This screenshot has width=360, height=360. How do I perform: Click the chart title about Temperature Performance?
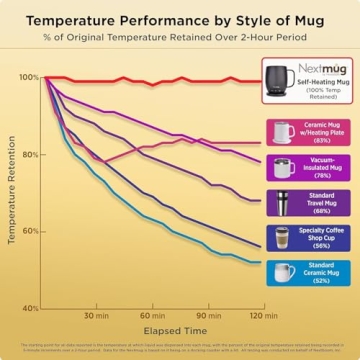180,19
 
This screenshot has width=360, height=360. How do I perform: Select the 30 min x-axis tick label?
97,316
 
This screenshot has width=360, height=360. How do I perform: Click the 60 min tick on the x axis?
152,316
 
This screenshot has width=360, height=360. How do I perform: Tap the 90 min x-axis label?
207,316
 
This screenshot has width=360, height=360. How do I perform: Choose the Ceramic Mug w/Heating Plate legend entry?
307,132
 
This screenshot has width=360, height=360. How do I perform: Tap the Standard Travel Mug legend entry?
307,203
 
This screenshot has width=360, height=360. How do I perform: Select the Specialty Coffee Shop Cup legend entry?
307,237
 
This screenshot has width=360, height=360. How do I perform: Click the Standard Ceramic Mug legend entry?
307,272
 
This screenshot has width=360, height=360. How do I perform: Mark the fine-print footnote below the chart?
180,347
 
